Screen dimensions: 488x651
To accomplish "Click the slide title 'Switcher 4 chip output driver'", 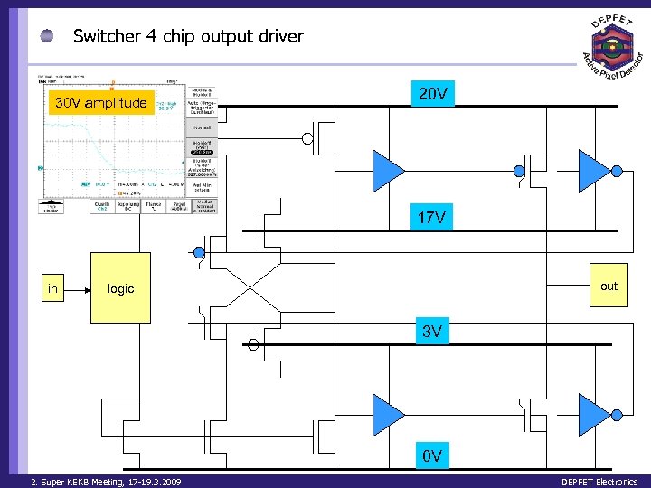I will pos(188,37).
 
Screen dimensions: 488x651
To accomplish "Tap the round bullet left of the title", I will pos(48,36).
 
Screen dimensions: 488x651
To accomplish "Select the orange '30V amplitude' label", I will pos(100,103).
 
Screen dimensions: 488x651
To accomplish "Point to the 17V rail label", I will pos(431,218).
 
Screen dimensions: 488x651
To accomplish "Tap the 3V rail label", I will pos(431,332).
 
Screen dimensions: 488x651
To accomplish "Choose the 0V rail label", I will pos(431,455).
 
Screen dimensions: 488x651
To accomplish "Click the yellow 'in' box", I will pos(53,289).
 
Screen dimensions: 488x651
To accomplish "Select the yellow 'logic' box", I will pos(120,289).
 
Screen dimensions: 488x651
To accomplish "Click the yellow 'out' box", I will pos(609,286).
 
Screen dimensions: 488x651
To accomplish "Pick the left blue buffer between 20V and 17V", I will pos(388,169).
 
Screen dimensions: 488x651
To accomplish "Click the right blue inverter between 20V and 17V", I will pos(594,169).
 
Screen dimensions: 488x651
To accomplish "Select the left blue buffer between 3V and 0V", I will pos(388,414).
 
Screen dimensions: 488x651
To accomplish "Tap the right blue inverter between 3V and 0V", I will pos(594,414).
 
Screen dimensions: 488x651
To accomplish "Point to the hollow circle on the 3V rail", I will pos(253,344).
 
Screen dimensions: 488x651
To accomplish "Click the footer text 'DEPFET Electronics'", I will pos(599,482).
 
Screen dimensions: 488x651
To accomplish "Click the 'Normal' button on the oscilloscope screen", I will pos(202,127).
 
